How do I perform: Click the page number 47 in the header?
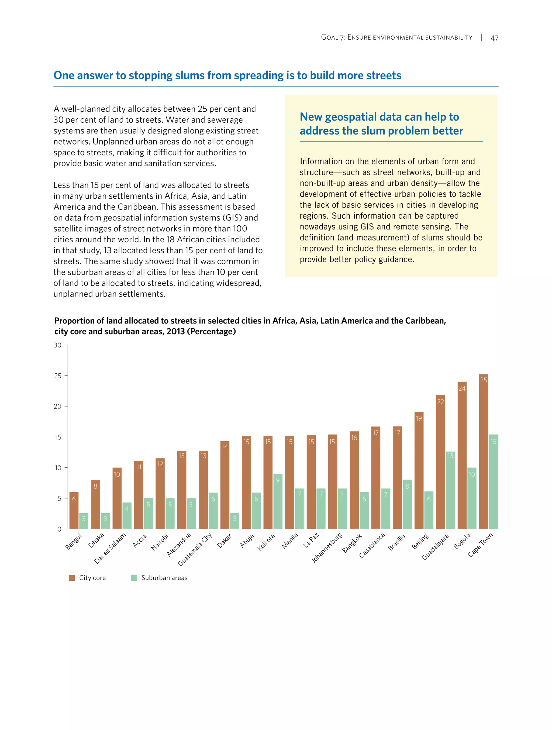(x=494, y=38)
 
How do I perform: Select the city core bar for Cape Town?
(x=483, y=452)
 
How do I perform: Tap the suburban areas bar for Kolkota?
(x=278, y=502)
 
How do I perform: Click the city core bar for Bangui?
(x=74, y=511)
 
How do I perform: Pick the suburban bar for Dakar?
(x=234, y=521)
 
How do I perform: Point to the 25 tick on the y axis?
(x=58, y=376)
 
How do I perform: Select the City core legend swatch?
(x=72, y=577)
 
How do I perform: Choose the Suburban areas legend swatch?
(x=134, y=577)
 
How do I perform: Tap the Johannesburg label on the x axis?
(x=327, y=548)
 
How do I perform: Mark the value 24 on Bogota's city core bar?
(x=462, y=388)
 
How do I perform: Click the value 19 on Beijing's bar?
(x=419, y=418)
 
